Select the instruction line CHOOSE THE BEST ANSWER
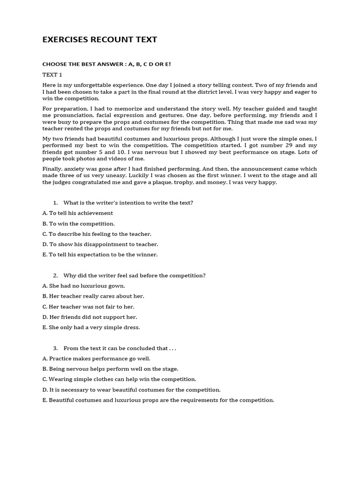(x=106, y=64)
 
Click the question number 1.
(x=55, y=203)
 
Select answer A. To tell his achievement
(x=78, y=213)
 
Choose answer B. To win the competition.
(x=78, y=224)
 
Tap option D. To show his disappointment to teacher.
(x=100, y=244)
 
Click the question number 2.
(x=55, y=276)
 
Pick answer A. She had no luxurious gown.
(x=84, y=286)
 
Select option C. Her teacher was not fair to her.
(x=88, y=307)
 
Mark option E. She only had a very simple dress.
(x=91, y=327)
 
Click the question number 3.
(x=55, y=348)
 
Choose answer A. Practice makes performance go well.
(x=96, y=359)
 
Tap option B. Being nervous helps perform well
(x=110, y=369)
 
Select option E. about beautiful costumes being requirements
(x=158, y=400)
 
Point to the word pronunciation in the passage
(x=71, y=115)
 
